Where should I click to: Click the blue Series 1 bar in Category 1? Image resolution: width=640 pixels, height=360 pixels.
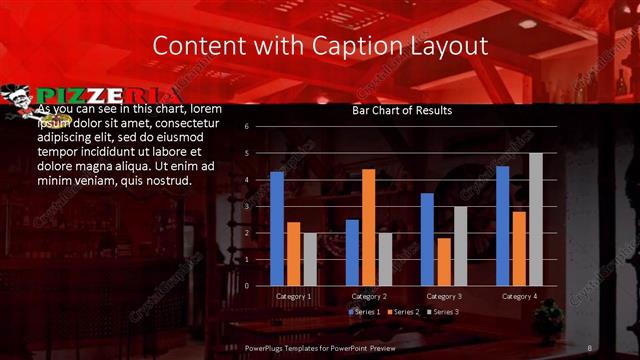click(x=277, y=229)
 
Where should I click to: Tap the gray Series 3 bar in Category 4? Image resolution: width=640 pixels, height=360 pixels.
click(x=535, y=219)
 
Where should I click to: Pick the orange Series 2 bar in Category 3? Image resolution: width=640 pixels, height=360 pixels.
click(x=443, y=261)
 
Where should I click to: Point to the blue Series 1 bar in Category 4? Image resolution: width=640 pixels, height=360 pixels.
click(x=502, y=226)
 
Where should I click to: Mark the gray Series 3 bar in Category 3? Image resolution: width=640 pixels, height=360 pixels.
click(x=460, y=246)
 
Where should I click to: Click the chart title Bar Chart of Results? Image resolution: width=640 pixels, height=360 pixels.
click(x=402, y=111)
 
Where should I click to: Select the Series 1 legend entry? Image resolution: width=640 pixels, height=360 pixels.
click(x=363, y=313)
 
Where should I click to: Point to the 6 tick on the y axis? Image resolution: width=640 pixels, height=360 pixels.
click(x=246, y=127)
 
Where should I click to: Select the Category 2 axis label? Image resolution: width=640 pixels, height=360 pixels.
click(x=368, y=296)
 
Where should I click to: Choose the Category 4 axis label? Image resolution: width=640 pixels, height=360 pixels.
click(x=518, y=296)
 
